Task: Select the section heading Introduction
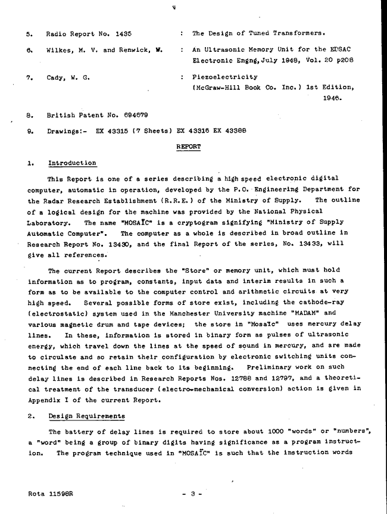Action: tap(71, 163)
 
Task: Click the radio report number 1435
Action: tap(126, 33)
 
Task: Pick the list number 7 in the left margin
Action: tap(30, 77)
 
